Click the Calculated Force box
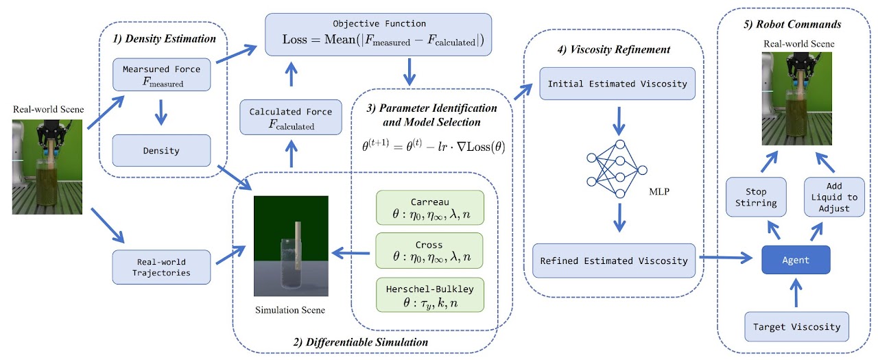coord(291,118)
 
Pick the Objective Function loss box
coord(379,34)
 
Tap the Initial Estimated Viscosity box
coord(618,83)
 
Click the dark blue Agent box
coord(796,260)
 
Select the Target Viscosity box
coord(796,327)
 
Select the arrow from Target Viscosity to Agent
coord(796,293)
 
